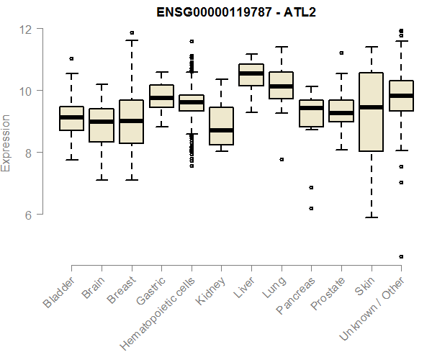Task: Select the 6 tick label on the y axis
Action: click(x=29, y=215)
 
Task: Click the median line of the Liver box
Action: click(x=251, y=73)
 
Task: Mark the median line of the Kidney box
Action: click(x=221, y=130)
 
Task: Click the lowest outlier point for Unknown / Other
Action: click(x=401, y=256)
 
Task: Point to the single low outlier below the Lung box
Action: click(x=282, y=159)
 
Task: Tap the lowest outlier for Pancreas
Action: click(x=311, y=208)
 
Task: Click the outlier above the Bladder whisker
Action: click(x=71, y=58)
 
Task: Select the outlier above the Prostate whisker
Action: click(x=341, y=53)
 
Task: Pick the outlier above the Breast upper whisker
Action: click(x=131, y=32)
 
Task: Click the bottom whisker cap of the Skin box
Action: click(x=371, y=217)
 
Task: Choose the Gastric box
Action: click(x=161, y=96)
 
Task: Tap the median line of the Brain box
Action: click(x=101, y=122)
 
